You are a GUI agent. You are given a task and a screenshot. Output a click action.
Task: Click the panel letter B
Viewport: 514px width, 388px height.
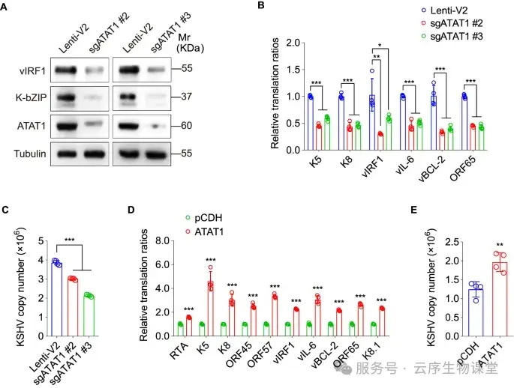coord(260,7)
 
